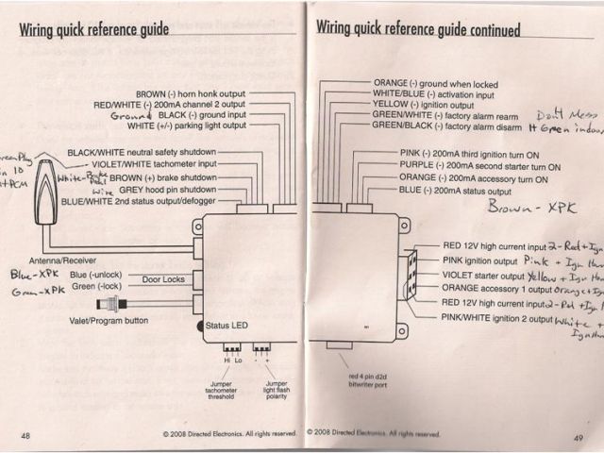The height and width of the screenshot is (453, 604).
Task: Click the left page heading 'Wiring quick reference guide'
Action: tap(94, 28)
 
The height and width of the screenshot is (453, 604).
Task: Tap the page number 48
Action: tap(25, 434)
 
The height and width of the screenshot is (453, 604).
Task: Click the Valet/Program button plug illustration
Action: tap(114, 304)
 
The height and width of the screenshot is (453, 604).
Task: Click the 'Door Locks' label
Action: tap(164, 279)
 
